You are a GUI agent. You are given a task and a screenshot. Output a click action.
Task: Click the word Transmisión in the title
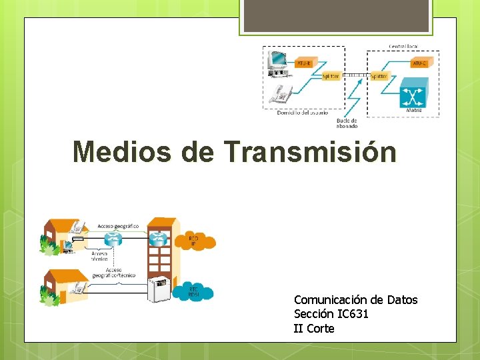point(311,151)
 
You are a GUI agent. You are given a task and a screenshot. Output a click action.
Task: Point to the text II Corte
point(314,328)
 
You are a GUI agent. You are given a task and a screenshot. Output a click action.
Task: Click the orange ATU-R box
point(303,63)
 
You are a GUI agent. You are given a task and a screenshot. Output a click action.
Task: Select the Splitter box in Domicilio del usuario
point(331,76)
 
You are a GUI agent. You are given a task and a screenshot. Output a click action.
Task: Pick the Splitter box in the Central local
point(378,76)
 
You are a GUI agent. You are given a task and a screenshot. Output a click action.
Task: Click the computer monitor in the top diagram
point(276,61)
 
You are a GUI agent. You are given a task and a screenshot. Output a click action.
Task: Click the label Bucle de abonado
point(347,123)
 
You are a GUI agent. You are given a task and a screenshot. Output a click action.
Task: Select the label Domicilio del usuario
point(302,113)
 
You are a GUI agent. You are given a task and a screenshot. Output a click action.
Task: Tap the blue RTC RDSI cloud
point(193,291)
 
